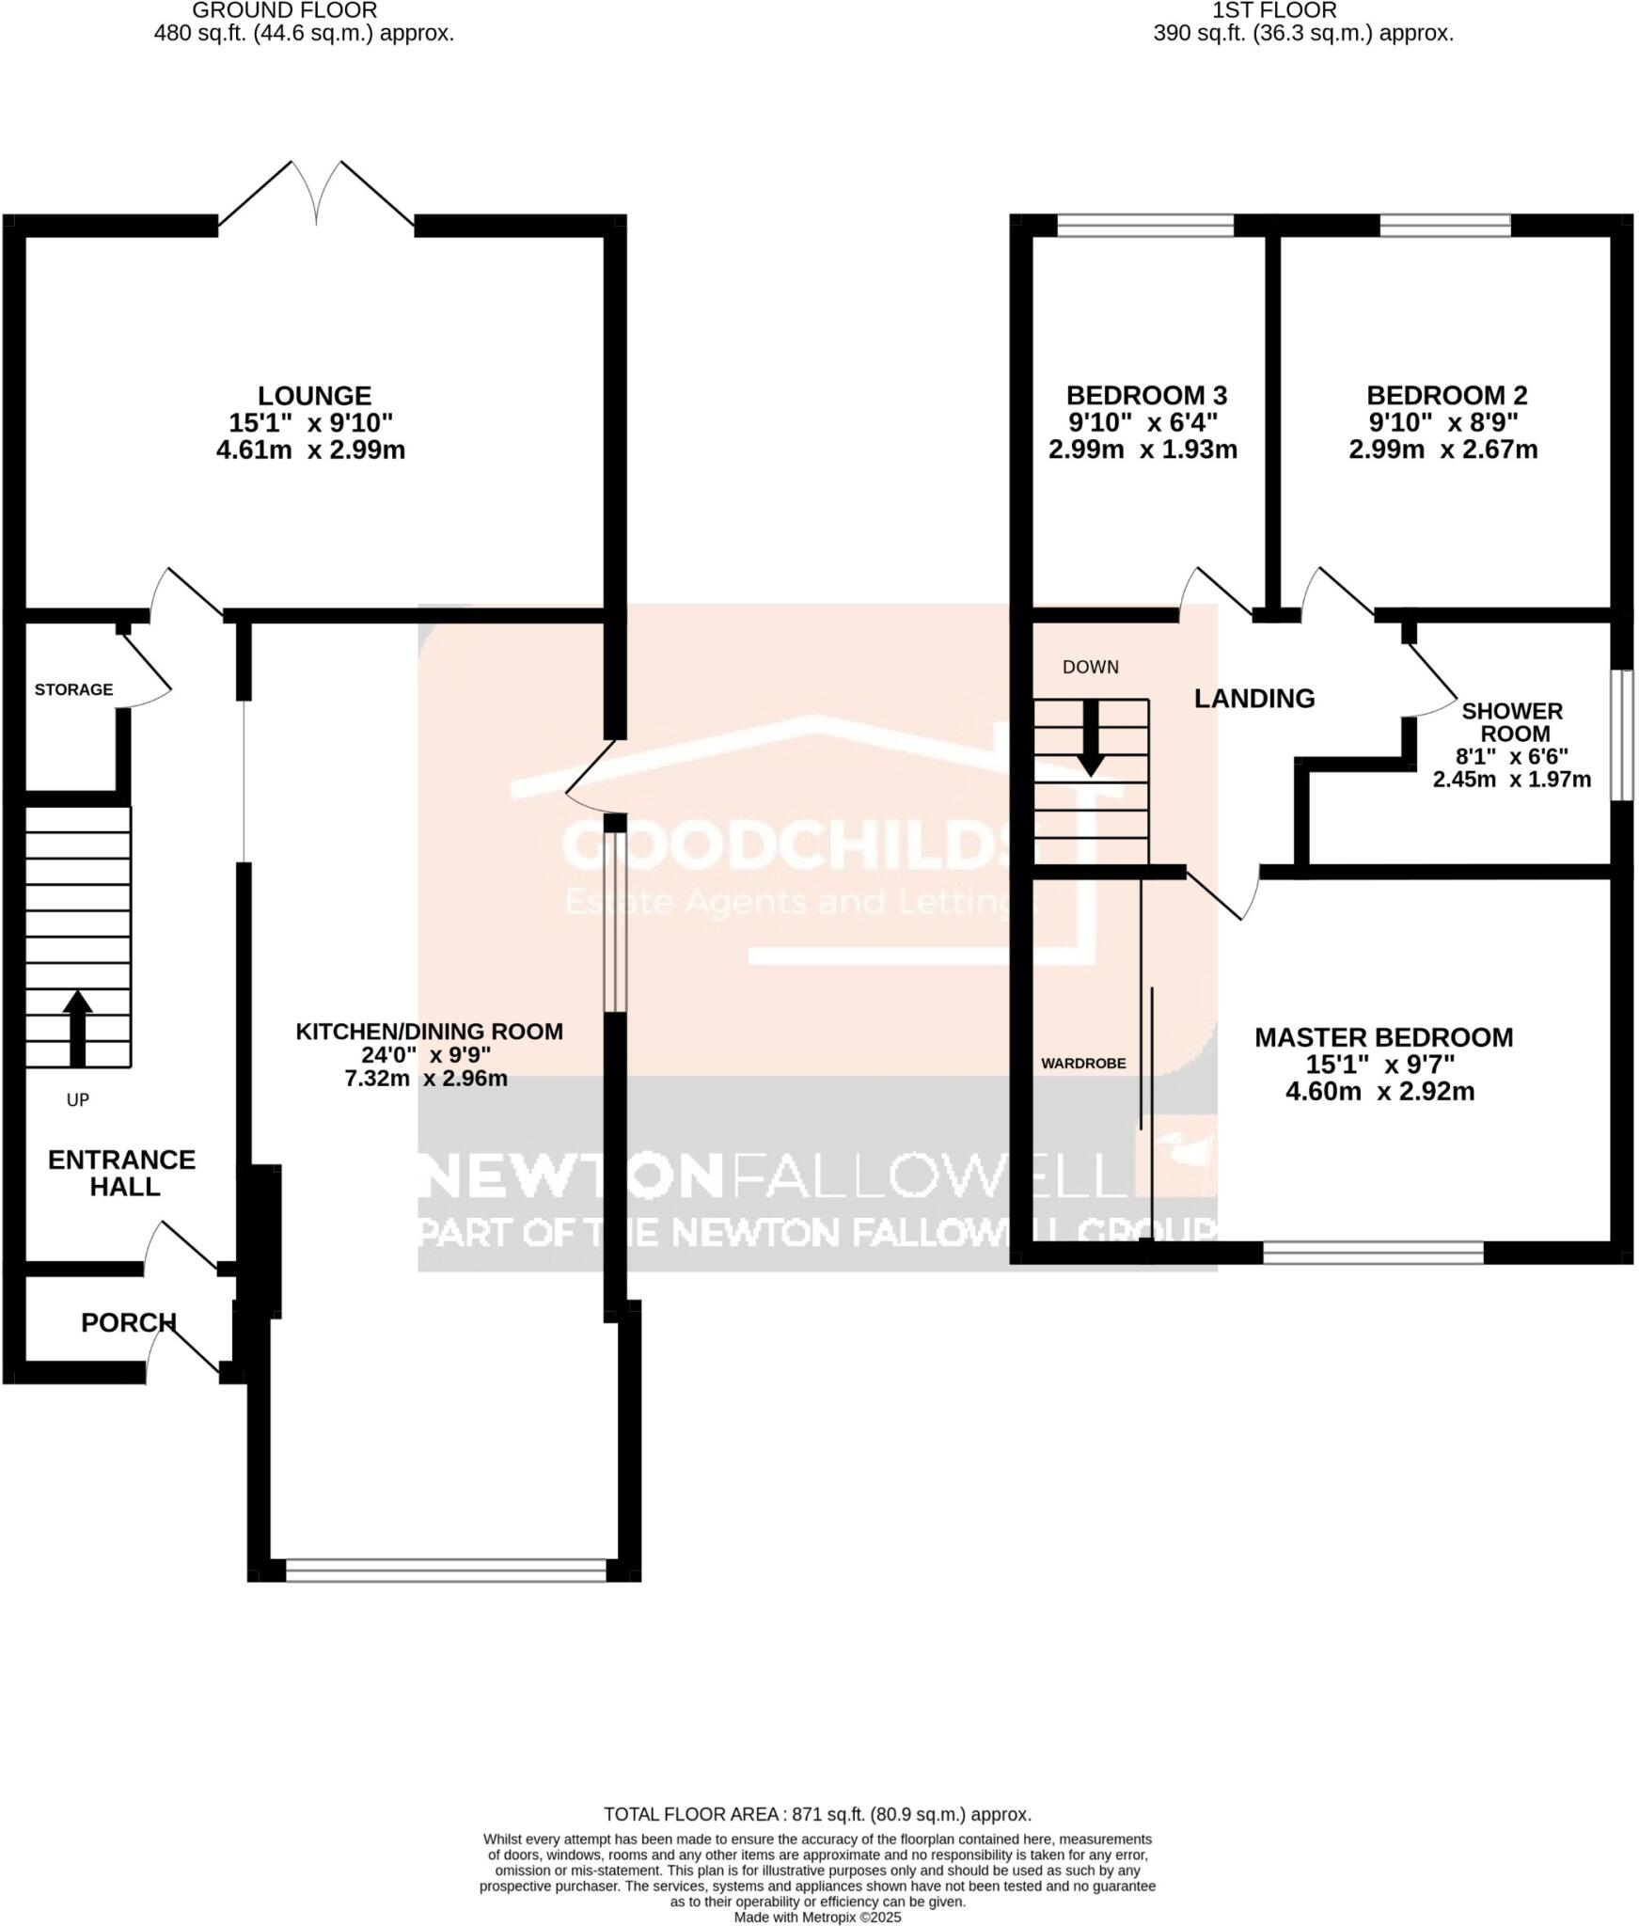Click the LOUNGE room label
click(x=314, y=395)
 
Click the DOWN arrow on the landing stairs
click(x=1091, y=737)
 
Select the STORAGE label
click(x=73, y=689)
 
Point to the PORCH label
click(x=128, y=1322)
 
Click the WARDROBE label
click(x=1083, y=1064)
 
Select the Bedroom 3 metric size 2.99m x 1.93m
click(x=1143, y=450)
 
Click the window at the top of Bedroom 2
click(x=1444, y=225)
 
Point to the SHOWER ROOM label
click(x=1511, y=721)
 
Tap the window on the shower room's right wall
click(x=1621, y=734)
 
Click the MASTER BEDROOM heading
click(x=1383, y=1037)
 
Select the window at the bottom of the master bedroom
click(x=1372, y=1252)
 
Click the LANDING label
click(x=1253, y=698)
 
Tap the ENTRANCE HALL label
click(x=122, y=1173)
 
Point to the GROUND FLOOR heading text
click(x=285, y=11)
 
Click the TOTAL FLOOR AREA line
click(x=817, y=1814)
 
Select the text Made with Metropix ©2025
click(x=817, y=1917)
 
